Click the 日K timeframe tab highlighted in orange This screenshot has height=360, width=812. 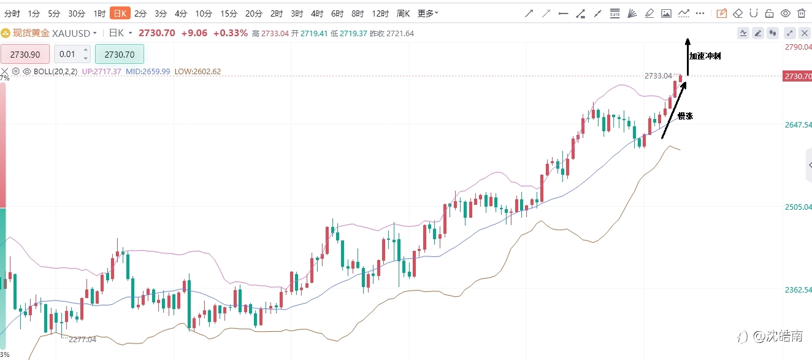tap(120, 13)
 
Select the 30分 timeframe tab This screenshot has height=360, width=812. tap(77, 13)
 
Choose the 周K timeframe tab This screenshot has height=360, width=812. tap(403, 13)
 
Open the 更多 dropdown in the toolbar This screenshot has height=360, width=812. tap(427, 13)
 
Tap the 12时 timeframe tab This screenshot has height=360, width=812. tap(380, 13)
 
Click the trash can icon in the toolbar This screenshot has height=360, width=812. tap(802, 13)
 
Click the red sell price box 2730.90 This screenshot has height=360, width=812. tap(25, 55)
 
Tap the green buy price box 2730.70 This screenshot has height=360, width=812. tap(119, 55)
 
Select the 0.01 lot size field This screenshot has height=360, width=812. tap(72, 54)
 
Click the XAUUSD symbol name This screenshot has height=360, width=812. tap(71, 33)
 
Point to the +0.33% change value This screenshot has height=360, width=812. tap(230, 33)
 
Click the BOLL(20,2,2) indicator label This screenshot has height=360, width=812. tap(55, 71)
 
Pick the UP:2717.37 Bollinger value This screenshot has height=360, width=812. tap(102, 71)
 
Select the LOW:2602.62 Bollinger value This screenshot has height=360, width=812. tap(197, 71)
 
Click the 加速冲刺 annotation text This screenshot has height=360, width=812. tap(705, 56)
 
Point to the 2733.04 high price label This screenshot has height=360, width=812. tap(658, 76)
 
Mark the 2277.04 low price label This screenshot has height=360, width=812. tap(82, 339)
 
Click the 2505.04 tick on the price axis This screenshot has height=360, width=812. tap(798, 207)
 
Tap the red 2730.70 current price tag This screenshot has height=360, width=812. tap(797, 76)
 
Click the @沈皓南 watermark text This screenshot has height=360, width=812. tap(778, 337)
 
